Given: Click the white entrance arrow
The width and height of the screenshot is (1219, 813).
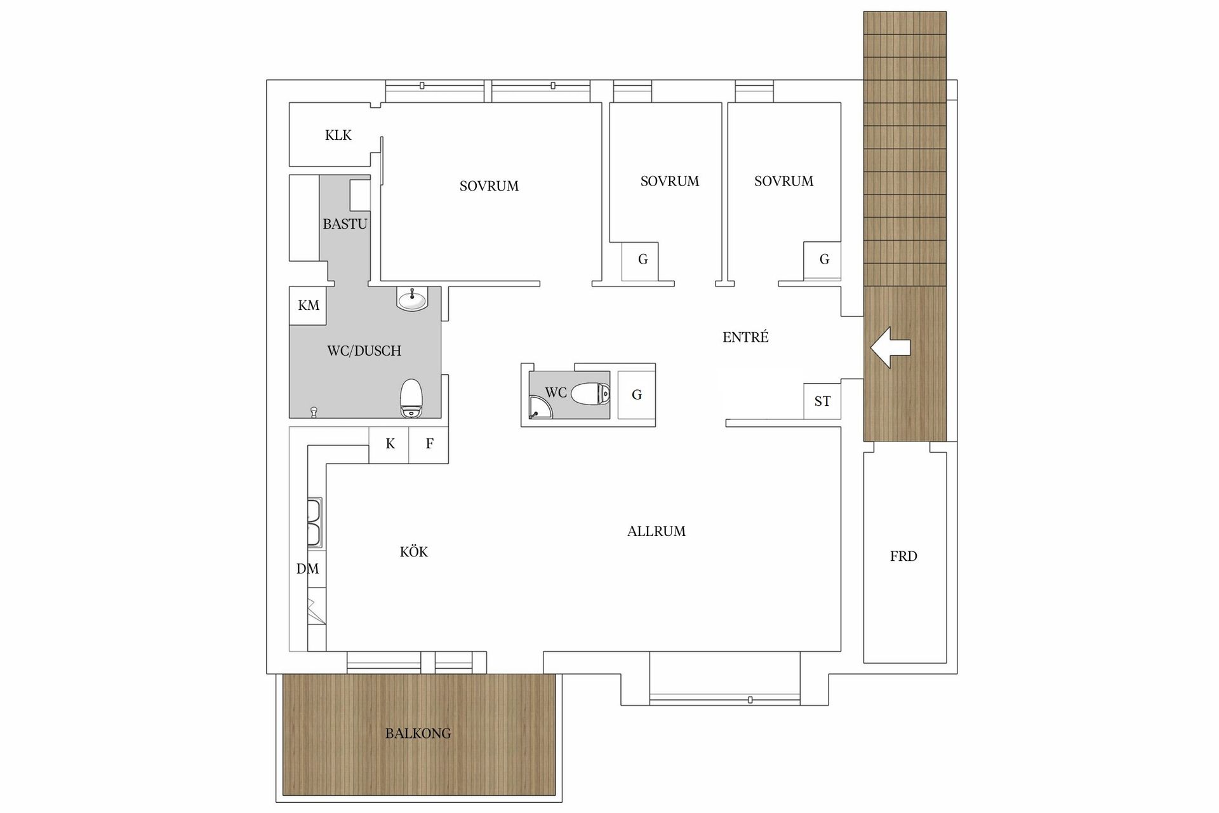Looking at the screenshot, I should pyautogui.click(x=890, y=347).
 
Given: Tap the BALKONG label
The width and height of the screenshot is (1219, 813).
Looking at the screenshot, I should pyautogui.click(x=418, y=734).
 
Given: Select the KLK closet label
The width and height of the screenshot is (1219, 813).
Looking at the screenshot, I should pyautogui.click(x=338, y=135).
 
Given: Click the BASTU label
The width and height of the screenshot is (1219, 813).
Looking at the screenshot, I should pyautogui.click(x=345, y=224).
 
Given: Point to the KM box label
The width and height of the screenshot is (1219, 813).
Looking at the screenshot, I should pyautogui.click(x=309, y=306).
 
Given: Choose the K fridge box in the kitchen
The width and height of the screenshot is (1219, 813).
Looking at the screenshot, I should pyautogui.click(x=390, y=444).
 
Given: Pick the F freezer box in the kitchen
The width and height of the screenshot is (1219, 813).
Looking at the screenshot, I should pyautogui.click(x=429, y=444).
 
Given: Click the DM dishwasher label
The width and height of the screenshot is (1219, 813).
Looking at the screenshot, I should pyautogui.click(x=307, y=569).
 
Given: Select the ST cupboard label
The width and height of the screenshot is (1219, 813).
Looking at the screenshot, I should pyautogui.click(x=822, y=401).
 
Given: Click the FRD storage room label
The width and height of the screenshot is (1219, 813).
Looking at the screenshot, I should pyautogui.click(x=903, y=556).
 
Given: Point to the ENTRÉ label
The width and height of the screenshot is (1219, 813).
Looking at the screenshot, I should pyautogui.click(x=745, y=337).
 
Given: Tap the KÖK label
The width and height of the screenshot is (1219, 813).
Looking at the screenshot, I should pyautogui.click(x=414, y=552).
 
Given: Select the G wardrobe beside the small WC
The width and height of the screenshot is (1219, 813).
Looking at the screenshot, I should pyautogui.click(x=637, y=395).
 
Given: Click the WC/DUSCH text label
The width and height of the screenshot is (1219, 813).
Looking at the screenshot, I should pyautogui.click(x=364, y=351).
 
